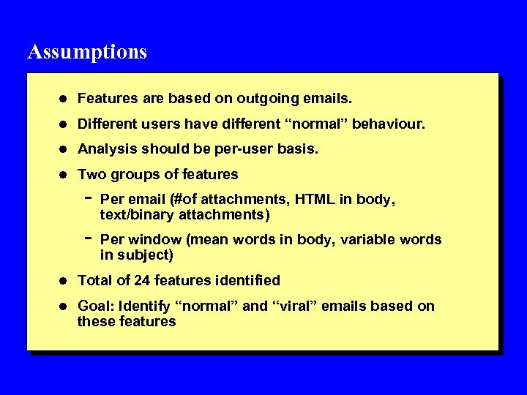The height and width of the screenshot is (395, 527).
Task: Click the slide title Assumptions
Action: tap(87, 52)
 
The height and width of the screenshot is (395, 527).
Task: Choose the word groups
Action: tap(134, 174)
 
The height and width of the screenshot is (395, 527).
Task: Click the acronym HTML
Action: tap(316, 199)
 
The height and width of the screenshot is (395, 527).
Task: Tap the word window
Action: tap(152, 240)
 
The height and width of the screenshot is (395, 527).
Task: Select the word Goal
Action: tap(93, 306)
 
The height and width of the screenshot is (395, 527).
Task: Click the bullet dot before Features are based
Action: tap(64, 98)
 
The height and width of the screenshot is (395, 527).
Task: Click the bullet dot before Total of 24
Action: tap(64, 281)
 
